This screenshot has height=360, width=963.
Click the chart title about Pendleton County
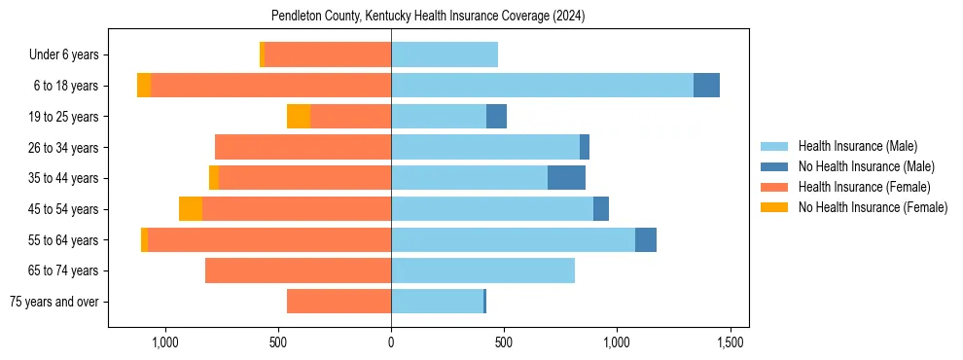click(x=428, y=17)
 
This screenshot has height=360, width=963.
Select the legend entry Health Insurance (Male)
click(x=857, y=146)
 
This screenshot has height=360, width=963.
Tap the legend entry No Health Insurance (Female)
click(x=873, y=207)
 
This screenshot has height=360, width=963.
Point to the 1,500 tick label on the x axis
click(x=731, y=342)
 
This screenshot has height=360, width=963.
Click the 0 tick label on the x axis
click(x=391, y=342)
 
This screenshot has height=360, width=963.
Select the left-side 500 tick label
click(x=278, y=342)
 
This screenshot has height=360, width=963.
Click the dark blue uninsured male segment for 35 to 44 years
click(x=566, y=178)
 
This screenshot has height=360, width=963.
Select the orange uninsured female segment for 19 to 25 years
click(x=299, y=117)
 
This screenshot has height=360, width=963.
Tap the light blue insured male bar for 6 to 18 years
click(x=542, y=86)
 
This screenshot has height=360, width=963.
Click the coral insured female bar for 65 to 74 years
click(x=298, y=270)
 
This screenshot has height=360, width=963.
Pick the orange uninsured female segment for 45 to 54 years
click(x=191, y=209)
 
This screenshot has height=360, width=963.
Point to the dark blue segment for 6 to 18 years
click(x=706, y=86)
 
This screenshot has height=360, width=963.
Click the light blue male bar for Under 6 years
click(x=445, y=55)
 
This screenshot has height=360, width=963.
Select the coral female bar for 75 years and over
click(x=339, y=302)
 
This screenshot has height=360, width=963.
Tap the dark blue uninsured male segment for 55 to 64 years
click(x=646, y=240)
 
